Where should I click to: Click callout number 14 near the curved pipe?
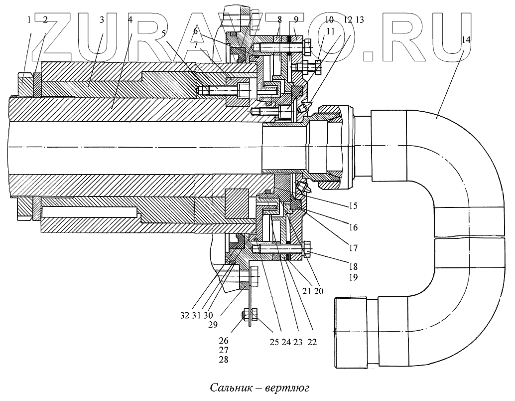coord(466,40)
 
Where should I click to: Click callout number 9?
coord(296,20)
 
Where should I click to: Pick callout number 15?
coord(353,205)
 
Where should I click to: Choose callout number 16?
coord(353,227)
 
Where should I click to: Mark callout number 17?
coord(353,247)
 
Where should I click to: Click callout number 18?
coord(353,266)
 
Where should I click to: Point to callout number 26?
coord(224,341)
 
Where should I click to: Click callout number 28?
coord(224,360)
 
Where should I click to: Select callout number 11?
coord(331,31)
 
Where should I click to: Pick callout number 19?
coord(353,277)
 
